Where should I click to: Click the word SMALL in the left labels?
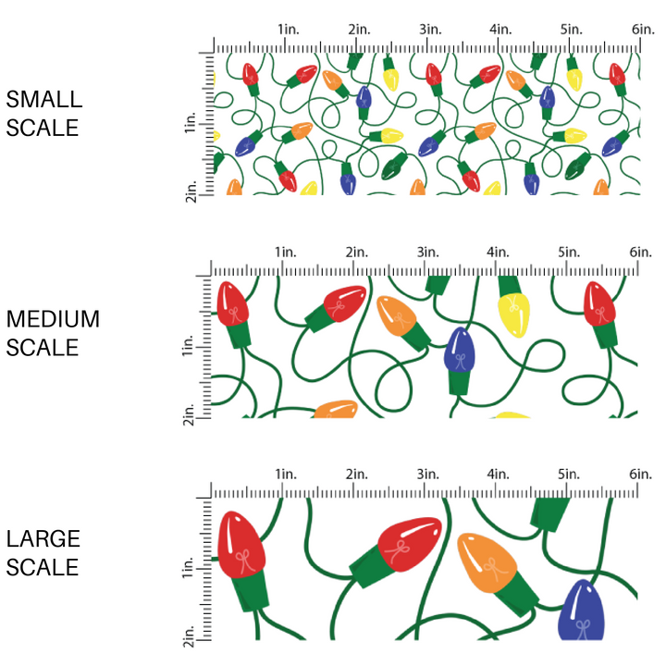coord(43,100)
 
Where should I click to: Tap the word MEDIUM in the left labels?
coord(52,320)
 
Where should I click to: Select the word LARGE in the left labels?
coord(43,539)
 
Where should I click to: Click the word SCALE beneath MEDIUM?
coord(43,349)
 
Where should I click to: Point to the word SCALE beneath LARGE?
coord(43,567)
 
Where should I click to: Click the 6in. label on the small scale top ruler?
coord(644,30)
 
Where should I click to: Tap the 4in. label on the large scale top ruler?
coord(499,474)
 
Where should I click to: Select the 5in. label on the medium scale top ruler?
coord(570,252)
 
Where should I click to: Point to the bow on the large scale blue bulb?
coord(581,628)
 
